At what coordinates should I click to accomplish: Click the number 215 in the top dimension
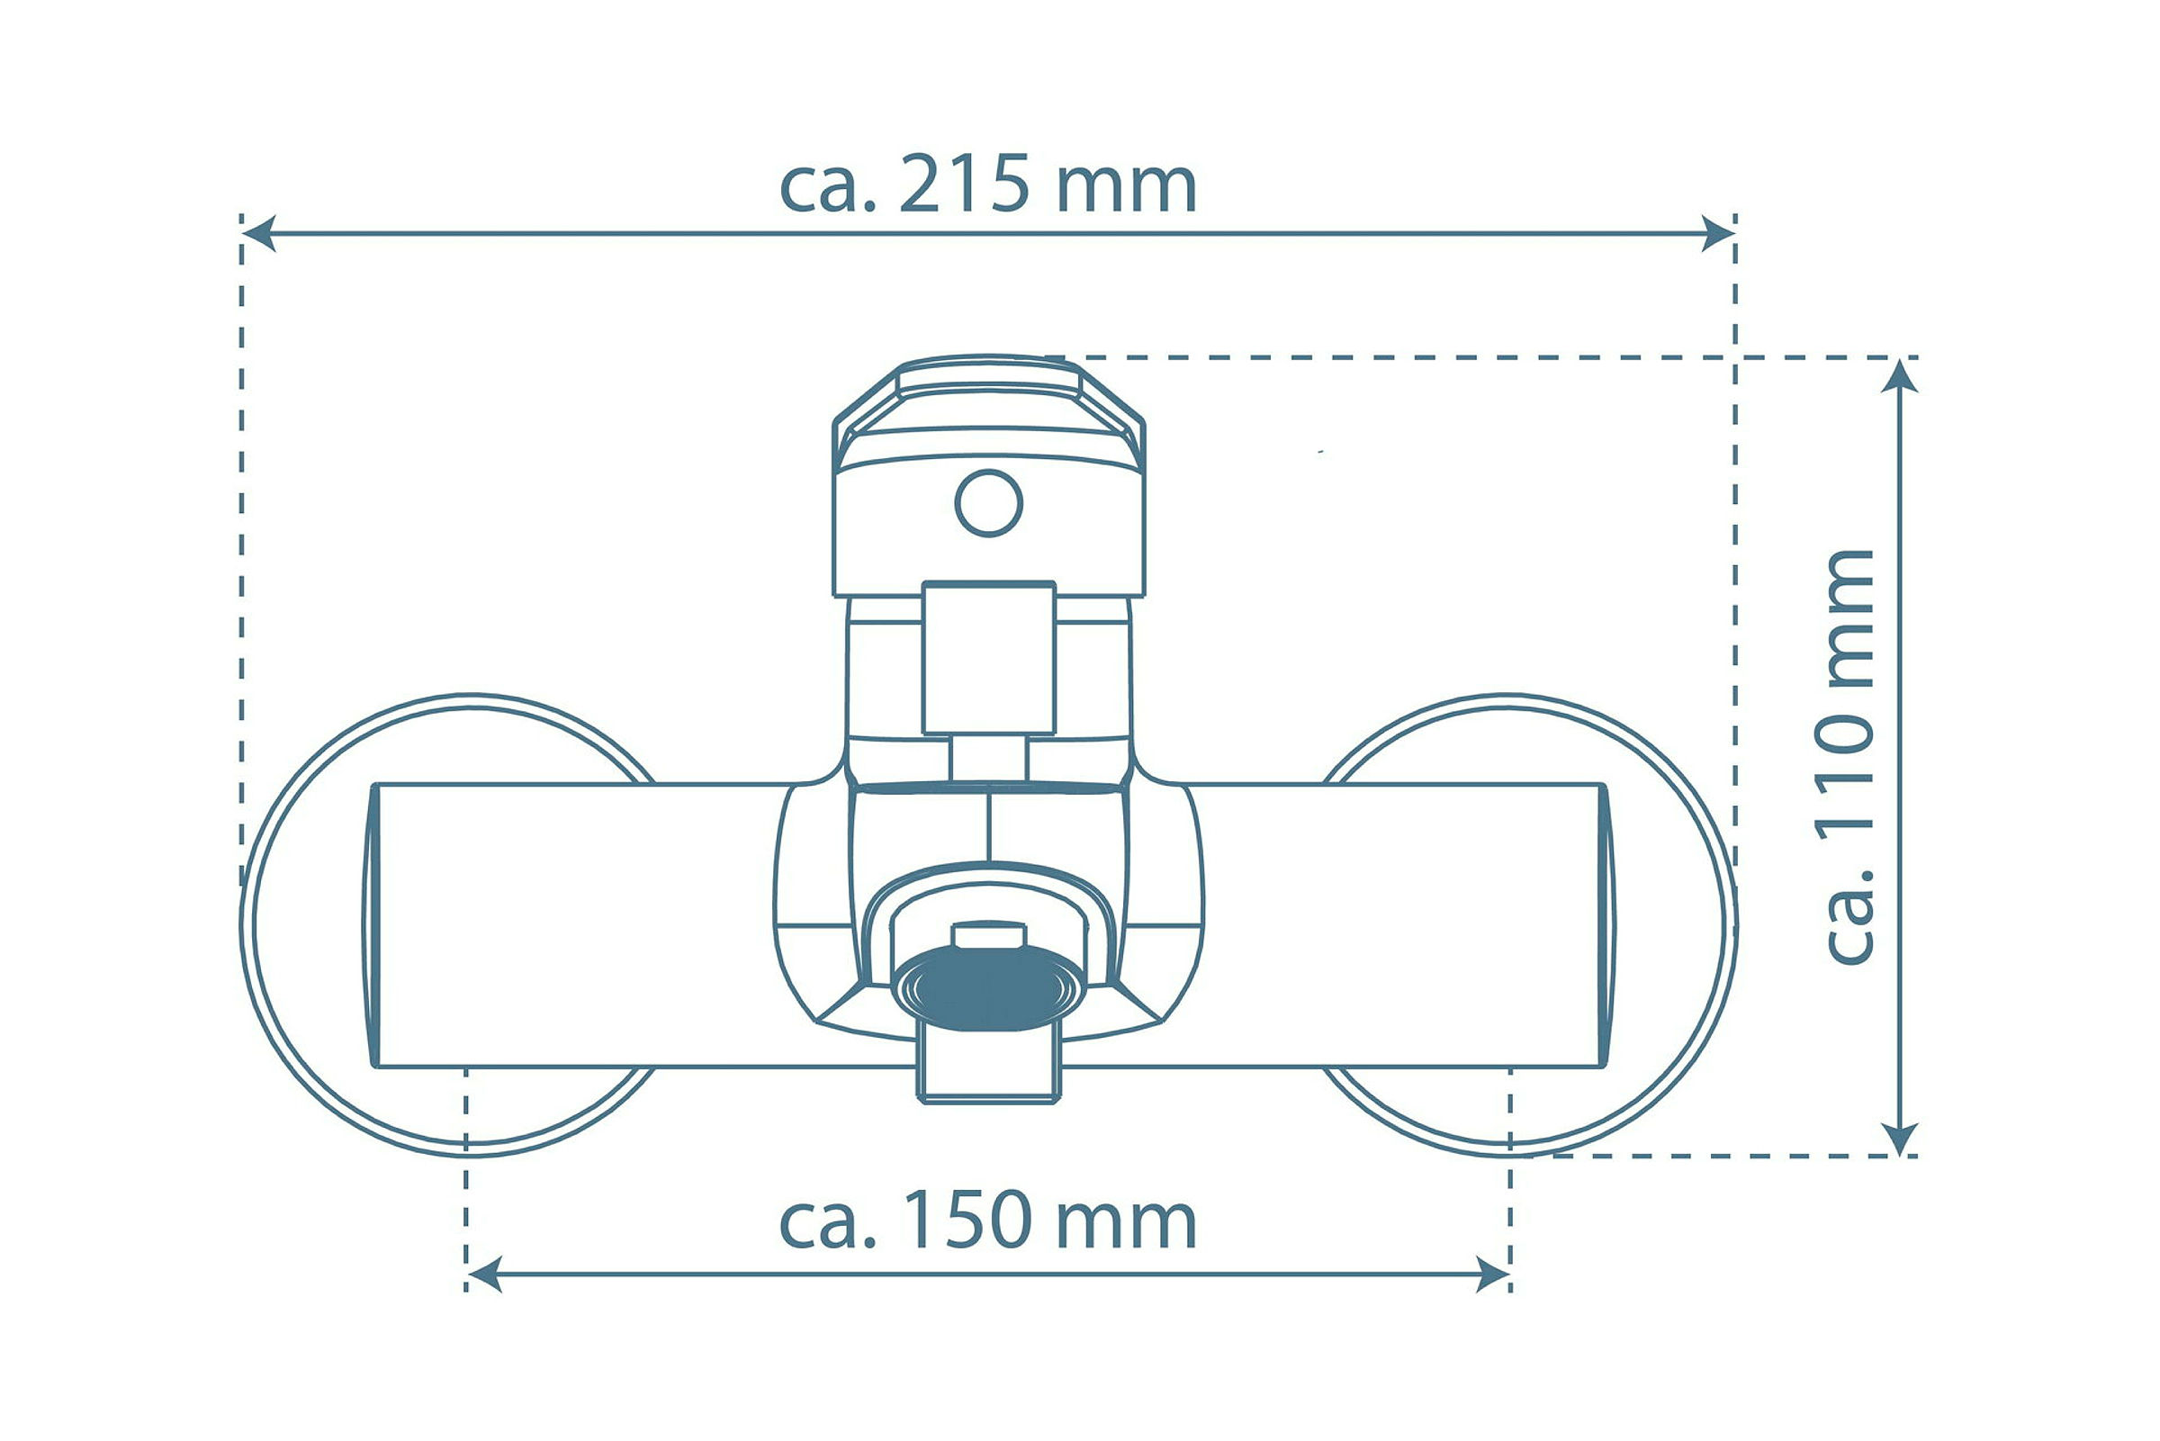(964, 184)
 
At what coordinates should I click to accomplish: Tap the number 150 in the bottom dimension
(967, 1220)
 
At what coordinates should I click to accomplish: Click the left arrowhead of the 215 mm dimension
(258, 233)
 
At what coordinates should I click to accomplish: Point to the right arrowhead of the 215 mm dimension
(1718, 233)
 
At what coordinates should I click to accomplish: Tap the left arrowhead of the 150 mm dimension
(484, 1274)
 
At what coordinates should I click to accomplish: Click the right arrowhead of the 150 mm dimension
(1493, 1274)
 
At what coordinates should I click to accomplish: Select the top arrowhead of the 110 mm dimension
(1899, 376)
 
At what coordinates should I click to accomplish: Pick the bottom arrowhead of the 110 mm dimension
(1899, 1139)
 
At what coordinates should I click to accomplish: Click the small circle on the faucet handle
(988, 503)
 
